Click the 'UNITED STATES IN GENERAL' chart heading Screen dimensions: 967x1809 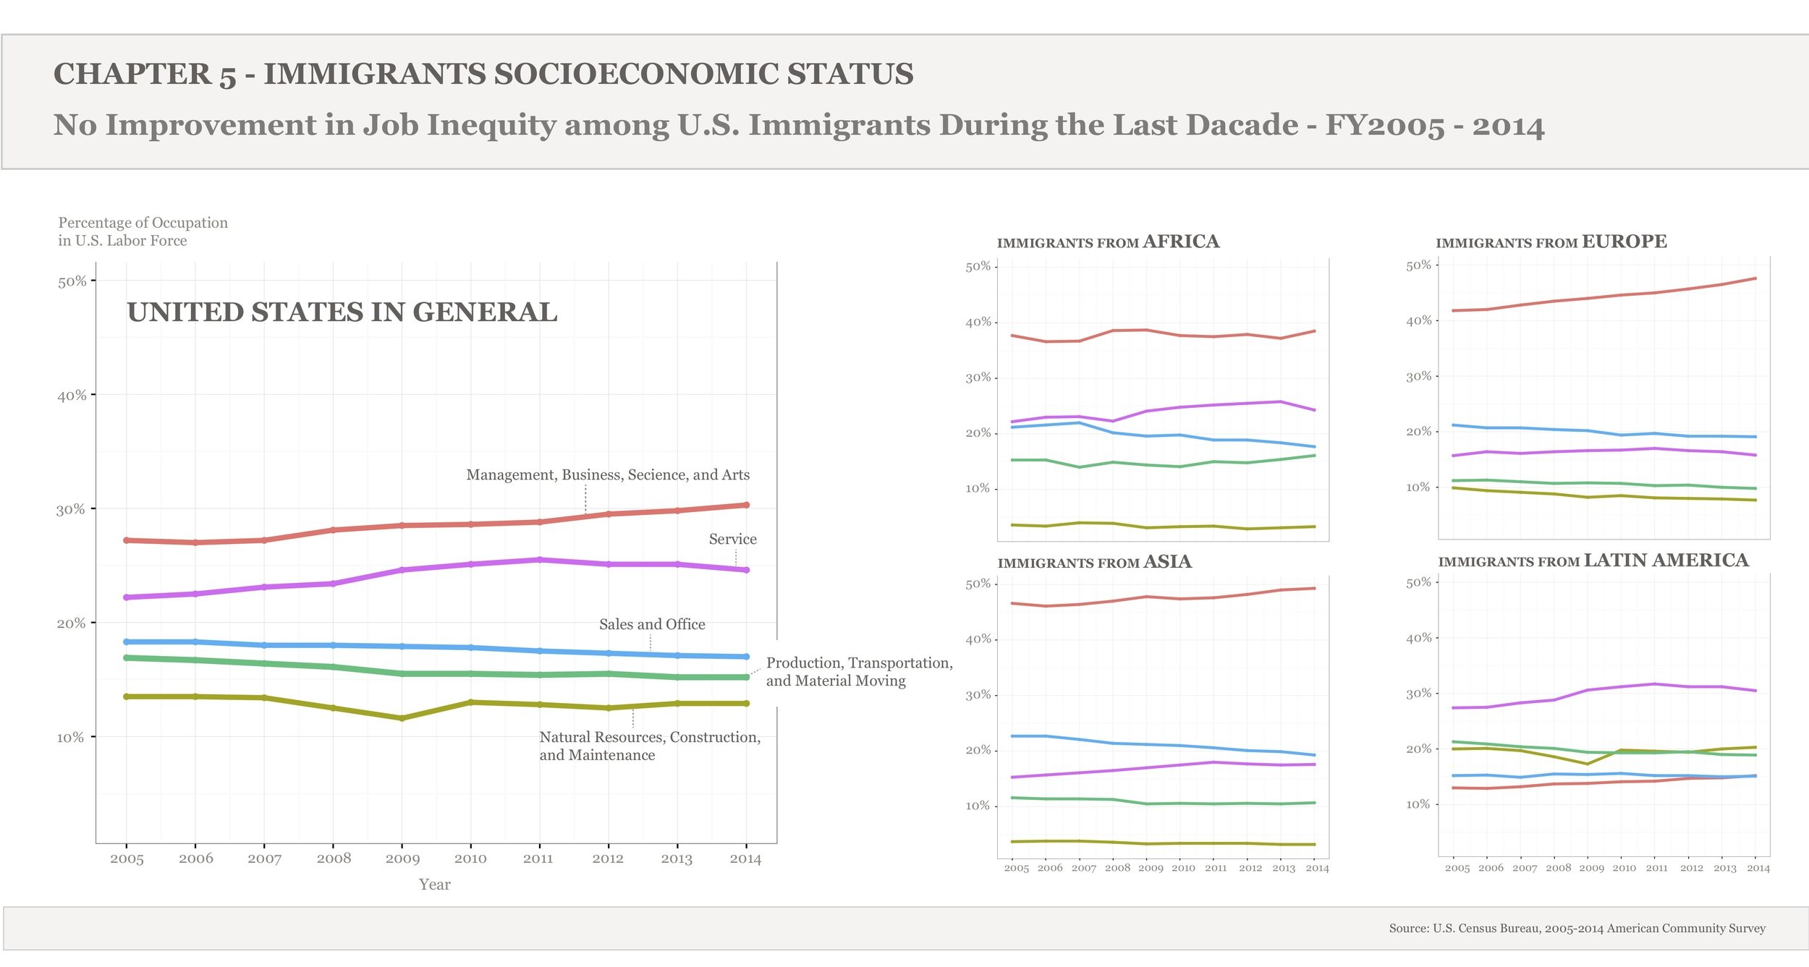(342, 312)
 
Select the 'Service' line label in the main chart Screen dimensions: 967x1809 (732, 540)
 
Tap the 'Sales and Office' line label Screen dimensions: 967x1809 (651, 625)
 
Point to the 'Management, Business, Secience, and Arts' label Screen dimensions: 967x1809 (608, 475)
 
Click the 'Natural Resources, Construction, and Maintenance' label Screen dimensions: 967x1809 (649, 746)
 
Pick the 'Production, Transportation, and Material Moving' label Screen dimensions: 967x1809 (859, 672)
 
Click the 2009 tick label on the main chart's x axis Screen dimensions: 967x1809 (402, 859)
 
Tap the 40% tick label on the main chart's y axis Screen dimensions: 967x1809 (72, 396)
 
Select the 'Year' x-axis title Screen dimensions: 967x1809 (434, 885)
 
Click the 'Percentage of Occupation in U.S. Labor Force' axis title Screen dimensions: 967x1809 (143, 231)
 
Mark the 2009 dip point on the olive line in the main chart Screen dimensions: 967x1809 (402, 718)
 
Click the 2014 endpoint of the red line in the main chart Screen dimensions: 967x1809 (746, 505)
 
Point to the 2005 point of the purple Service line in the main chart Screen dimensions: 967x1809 (127, 597)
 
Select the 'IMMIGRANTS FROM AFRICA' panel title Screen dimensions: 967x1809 (1108, 242)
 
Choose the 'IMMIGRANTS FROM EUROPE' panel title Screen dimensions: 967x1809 (1551, 242)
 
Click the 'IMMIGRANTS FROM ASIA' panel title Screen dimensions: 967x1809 (1094, 562)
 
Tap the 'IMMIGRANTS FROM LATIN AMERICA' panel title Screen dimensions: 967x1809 (1593, 561)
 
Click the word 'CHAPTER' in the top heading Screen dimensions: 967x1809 (132, 74)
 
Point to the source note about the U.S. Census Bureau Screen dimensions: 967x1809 (1577, 929)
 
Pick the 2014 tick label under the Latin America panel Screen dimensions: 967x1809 (1758, 869)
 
